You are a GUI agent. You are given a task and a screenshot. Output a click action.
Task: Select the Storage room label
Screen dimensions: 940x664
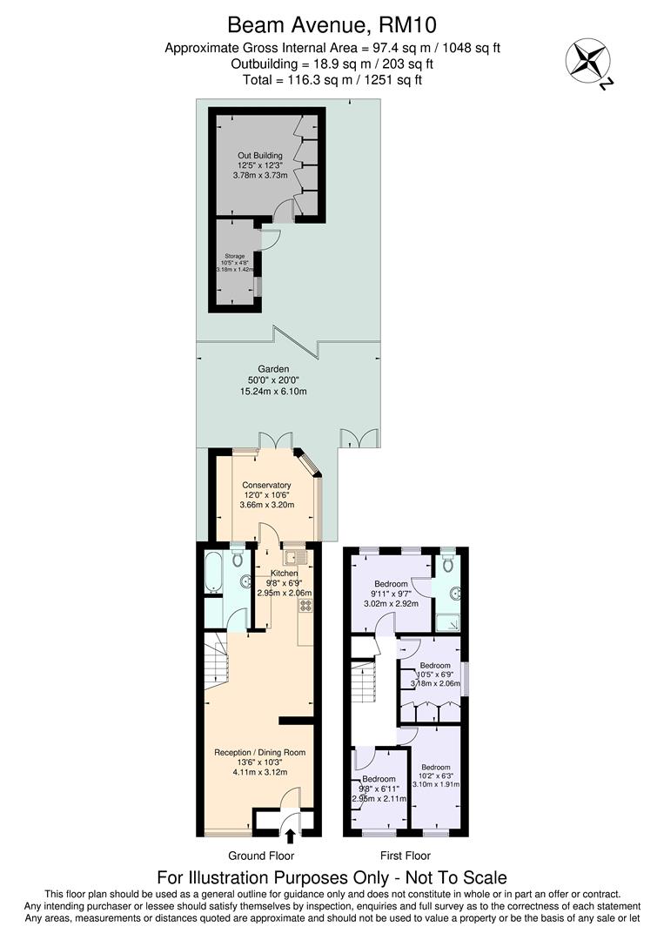pyautogui.click(x=234, y=257)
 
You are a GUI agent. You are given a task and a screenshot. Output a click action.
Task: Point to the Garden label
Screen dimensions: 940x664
pyautogui.click(x=273, y=369)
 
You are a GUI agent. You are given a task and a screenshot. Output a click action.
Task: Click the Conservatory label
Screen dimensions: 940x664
pyautogui.click(x=266, y=485)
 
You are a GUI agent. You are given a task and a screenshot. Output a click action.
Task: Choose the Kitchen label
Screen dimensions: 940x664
pyautogui.click(x=284, y=574)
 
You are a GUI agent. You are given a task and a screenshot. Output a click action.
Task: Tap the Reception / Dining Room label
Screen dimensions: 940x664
pyautogui.click(x=260, y=752)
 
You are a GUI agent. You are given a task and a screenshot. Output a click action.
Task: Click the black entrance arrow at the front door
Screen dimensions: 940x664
pyautogui.click(x=290, y=837)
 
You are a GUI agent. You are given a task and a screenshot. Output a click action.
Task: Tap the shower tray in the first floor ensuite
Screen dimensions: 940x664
pyautogui.click(x=449, y=621)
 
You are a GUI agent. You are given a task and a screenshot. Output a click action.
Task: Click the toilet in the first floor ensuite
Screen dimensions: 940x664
pyautogui.click(x=447, y=566)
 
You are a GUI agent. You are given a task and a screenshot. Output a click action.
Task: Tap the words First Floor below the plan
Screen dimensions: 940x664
pyautogui.click(x=406, y=856)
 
